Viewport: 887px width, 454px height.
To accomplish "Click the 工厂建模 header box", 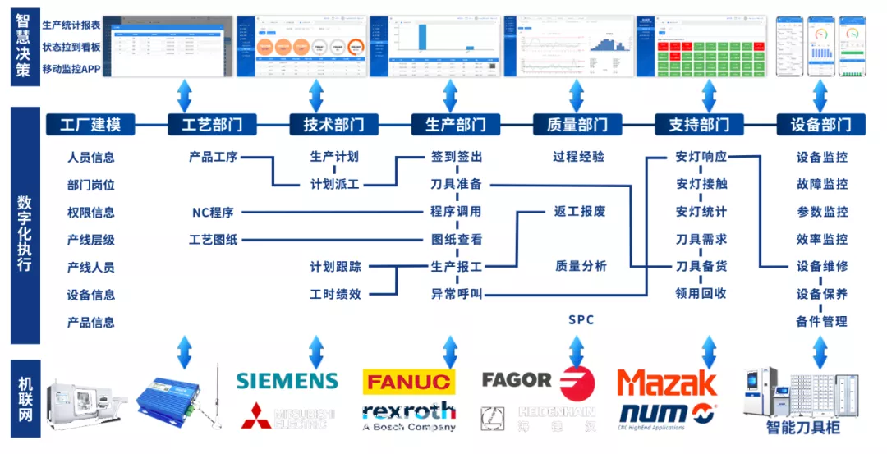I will click(x=90, y=125).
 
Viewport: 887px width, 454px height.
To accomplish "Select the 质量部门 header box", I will click(x=577, y=125).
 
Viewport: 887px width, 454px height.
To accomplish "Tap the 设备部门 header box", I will click(x=820, y=125).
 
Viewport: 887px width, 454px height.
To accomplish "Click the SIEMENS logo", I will click(x=287, y=381).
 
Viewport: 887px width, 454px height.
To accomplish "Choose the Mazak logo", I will click(x=667, y=383).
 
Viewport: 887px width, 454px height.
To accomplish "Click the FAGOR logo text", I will click(x=517, y=380).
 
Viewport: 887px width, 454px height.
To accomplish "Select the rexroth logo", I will click(x=408, y=410).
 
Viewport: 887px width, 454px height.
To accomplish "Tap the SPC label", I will click(x=581, y=319).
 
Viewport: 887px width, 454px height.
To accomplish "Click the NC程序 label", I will click(x=213, y=213).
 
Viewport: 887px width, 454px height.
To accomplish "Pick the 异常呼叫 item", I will click(x=457, y=294).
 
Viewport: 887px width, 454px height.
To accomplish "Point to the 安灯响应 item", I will click(x=701, y=157).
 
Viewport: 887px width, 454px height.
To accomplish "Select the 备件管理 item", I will click(x=821, y=321).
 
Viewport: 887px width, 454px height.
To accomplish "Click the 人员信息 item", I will click(x=90, y=158).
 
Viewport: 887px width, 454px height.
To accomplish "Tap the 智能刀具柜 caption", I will click(x=802, y=427).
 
